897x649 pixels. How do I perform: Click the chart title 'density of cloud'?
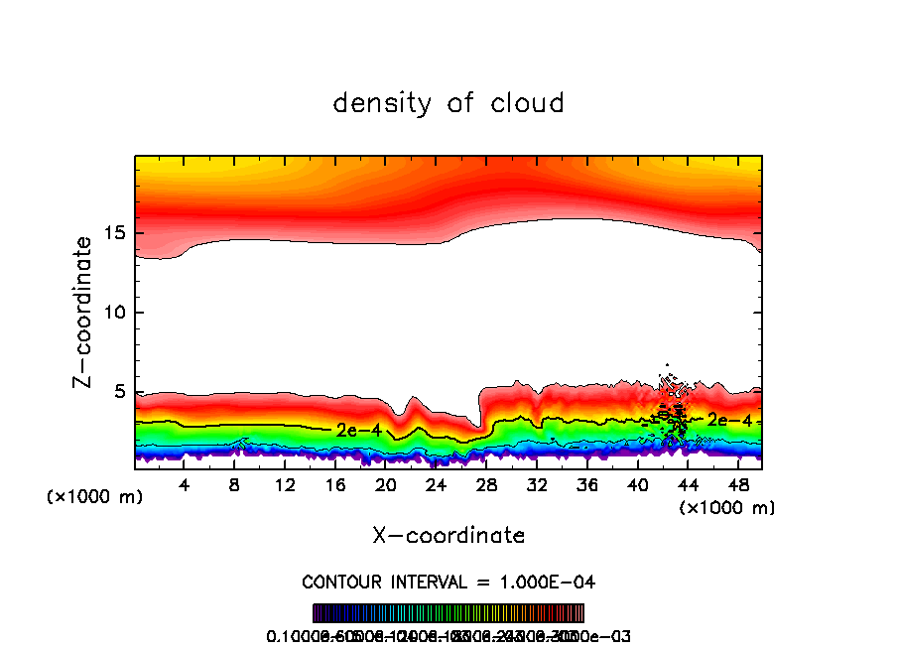pos(448,103)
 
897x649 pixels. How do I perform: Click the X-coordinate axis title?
pos(448,536)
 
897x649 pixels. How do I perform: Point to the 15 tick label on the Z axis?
pos(111,234)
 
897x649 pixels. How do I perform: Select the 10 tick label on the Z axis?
pos(111,314)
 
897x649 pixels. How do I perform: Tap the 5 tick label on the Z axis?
pos(117,393)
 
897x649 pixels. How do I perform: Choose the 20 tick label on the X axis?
pos(386,486)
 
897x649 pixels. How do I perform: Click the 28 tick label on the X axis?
pos(486,486)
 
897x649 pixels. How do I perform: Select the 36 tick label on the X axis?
pos(586,486)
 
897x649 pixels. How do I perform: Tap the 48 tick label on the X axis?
pos(737,486)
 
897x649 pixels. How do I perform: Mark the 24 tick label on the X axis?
pos(436,486)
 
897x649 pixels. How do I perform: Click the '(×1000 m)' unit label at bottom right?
pos(726,508)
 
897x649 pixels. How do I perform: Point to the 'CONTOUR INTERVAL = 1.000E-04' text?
pos(448,582)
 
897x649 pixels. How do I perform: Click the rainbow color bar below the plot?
pos(448,613)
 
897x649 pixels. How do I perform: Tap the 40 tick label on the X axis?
pos(637,486)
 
